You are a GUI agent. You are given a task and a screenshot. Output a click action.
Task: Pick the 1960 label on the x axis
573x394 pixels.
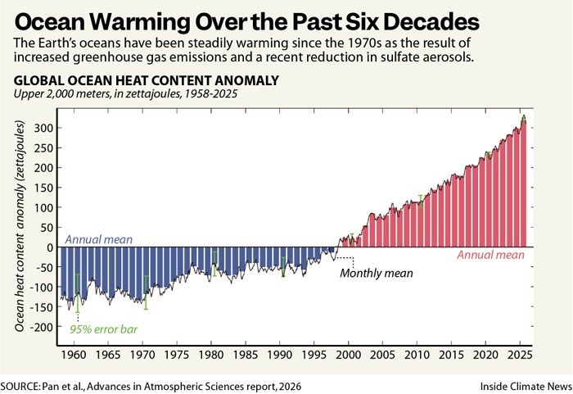[x=74, y=358]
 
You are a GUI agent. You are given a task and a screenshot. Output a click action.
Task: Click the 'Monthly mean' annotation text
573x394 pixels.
[x=377, y=274]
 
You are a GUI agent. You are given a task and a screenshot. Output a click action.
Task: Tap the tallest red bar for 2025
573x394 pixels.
[x=522, y=184]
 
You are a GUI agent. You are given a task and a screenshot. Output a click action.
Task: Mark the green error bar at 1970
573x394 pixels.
[x=147, y=292]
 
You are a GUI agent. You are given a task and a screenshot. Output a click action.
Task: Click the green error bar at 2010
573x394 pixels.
[x=421, y=201]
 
